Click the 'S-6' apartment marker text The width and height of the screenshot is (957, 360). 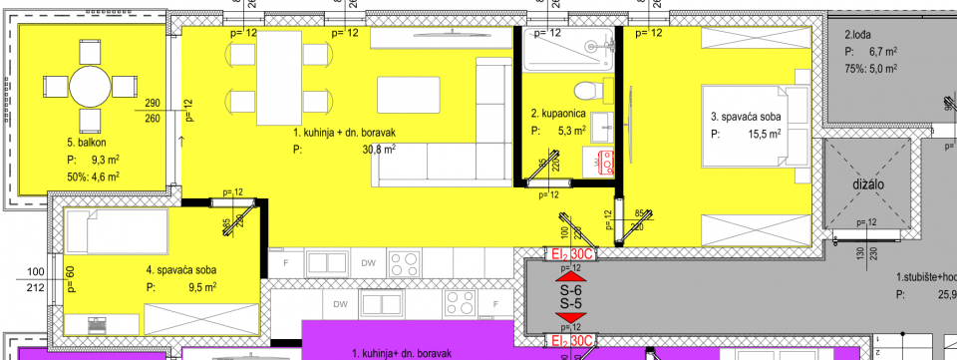[x=571, y=291]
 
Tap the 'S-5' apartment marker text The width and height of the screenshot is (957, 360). [x=571, y=303]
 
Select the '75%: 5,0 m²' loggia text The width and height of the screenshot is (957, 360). [x=871, y=69]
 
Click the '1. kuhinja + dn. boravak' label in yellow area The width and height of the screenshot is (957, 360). [x=344, y=133]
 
